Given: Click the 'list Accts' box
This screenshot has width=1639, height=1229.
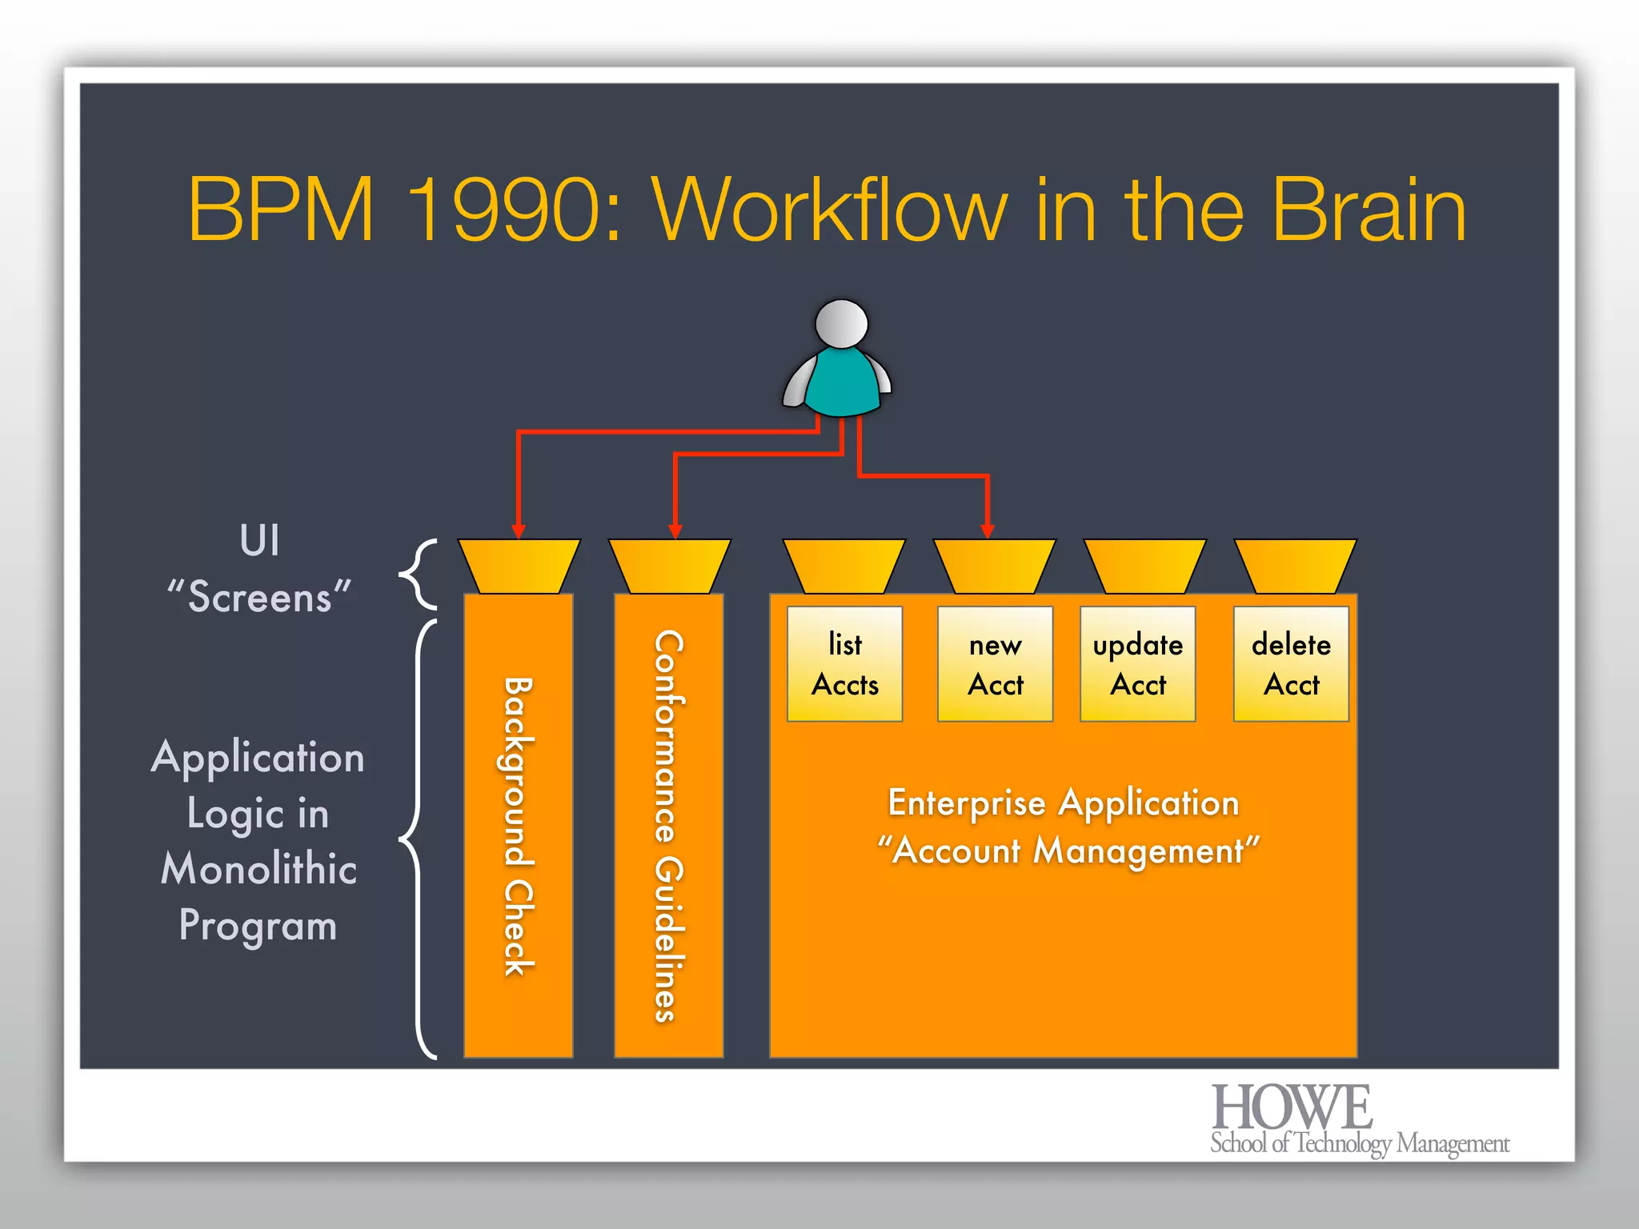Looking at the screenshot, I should [844, 664].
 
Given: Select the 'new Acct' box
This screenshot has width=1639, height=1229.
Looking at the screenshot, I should [995, 664].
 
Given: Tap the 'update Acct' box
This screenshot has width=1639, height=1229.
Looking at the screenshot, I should [1137, 664].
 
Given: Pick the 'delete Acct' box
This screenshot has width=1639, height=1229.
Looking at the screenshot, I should [1291, 664].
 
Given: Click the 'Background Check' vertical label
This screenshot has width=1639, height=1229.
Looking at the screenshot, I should [518, 826].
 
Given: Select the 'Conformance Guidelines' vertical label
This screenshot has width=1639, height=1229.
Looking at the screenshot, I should [669, 826].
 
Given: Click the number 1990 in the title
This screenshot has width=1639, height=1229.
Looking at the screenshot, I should [513, 210].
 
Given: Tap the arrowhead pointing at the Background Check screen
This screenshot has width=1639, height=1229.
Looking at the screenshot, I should [519, 531].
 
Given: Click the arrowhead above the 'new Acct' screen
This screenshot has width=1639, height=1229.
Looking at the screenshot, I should [988, 531].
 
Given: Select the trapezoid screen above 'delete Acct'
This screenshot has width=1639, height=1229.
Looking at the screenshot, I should [1295, 566].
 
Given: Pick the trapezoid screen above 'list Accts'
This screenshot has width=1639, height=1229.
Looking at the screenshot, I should [844, 566].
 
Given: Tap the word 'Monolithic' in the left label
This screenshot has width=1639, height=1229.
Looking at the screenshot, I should [258, 869].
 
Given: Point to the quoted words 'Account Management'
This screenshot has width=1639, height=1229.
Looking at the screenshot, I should [1068, 851].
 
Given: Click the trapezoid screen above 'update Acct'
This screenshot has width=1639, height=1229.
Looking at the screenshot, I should [1144, 566].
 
